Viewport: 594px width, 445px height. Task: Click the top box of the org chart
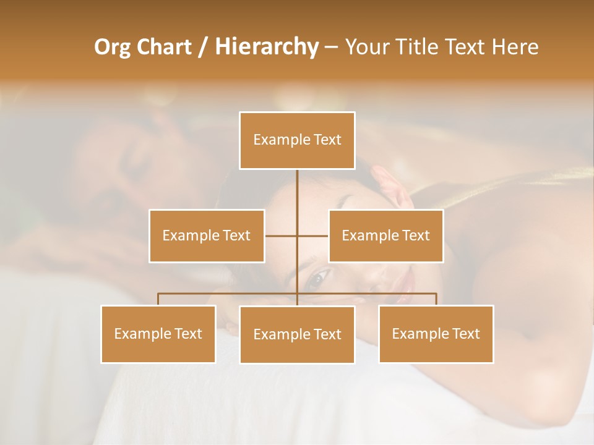[x=297, y=140]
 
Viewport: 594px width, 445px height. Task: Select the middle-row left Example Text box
[x=207, y=235]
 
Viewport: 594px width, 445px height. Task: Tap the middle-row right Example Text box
[x=385, y=235]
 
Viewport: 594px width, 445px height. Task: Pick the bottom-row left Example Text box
[x=158, y=334]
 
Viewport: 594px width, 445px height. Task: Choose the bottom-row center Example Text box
[x=297, y=334]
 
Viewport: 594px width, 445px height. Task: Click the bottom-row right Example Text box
[x=436, y=334]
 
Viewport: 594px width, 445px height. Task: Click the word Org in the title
[x=112, y=47]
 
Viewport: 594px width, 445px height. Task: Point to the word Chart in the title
[x=164, y=47]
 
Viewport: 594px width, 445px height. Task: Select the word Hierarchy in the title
[x=267, y=47]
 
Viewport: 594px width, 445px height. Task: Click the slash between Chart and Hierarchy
[x=203, y=47]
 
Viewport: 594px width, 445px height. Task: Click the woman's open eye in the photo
[x=316, y=279]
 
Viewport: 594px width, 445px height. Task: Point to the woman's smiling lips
[x=407, y=282]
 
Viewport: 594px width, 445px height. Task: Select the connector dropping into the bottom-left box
[x=158, y=299]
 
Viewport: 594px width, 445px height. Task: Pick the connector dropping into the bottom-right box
[x=436, y=299]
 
